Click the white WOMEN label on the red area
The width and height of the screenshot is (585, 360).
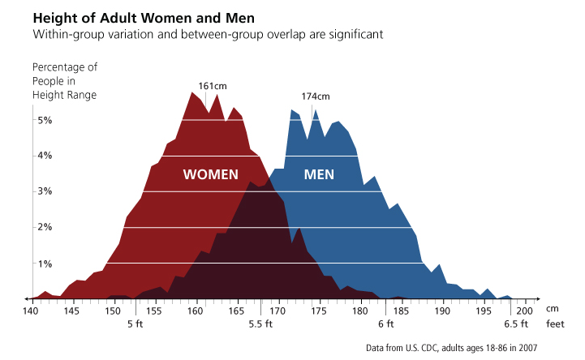coord(210,174)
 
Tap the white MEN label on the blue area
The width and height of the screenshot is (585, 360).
coord(319,174)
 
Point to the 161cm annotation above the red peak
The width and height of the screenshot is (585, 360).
coord(212,85)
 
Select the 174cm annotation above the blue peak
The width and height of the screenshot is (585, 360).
coord(316,96)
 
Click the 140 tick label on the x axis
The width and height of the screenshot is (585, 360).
coord(31,311)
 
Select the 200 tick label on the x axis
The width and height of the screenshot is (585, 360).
coord(524,311)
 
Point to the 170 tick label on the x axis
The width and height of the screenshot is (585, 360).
coord(277,311)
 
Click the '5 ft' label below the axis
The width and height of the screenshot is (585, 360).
coord(135,324)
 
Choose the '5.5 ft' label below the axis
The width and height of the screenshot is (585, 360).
coord(260,324)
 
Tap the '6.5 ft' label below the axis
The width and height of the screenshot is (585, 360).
coord(515,324)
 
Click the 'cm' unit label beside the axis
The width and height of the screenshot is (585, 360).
coord(553,309)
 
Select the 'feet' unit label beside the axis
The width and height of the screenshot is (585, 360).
coord(555,324)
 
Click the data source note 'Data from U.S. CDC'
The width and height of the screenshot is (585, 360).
coord(451,348)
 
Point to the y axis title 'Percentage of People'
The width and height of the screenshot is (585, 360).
coord(64,80)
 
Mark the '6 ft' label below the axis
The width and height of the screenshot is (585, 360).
coord(385,324)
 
